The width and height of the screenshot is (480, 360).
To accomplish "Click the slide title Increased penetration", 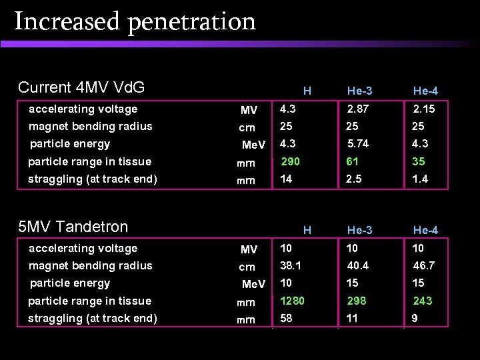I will click(135, 21).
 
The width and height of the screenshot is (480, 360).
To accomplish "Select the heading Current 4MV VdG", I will click(81, 87).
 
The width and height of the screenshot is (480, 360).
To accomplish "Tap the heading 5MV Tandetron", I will click(73, 227).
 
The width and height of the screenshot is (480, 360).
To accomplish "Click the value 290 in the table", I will click(290, 161).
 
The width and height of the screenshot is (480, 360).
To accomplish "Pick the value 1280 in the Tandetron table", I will click(293, 301).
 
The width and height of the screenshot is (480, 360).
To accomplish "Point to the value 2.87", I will click(357, 109).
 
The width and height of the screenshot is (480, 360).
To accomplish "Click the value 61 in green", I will click(353, 161).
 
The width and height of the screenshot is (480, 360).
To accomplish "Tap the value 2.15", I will click(424, 109).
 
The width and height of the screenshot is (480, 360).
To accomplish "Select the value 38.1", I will click(291, 265).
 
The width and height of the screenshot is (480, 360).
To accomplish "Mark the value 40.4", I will click(357, 265).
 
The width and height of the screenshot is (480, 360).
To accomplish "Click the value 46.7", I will click(424, 265).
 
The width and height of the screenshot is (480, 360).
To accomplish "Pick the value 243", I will click(422, 301).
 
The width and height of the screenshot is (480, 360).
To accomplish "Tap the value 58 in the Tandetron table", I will click(287, 318).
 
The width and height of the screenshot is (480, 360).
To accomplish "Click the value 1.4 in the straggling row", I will click(420, 179).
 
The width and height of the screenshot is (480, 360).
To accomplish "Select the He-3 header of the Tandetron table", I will click(359, 230).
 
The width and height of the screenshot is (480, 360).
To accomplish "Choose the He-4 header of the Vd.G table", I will click(425, 91).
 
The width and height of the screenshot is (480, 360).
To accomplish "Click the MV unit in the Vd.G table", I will click(249, 110).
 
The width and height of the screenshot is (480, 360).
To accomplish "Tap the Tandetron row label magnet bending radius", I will click(90, 265).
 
